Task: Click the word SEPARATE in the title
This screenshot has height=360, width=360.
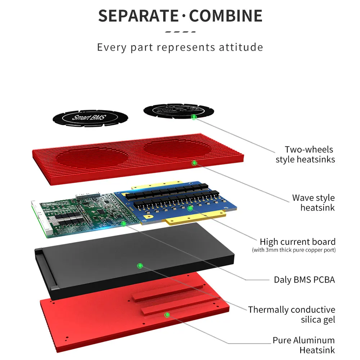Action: [138, 16]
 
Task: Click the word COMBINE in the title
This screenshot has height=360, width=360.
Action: [226, 16]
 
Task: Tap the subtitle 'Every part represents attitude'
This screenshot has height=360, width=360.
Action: [180, 47]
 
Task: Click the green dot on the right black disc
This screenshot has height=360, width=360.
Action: [194, 117]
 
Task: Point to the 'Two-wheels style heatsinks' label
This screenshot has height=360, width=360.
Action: [305, 154]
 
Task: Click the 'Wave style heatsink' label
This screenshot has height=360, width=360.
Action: [313, 203]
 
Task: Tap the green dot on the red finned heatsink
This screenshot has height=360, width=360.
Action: [195, 163]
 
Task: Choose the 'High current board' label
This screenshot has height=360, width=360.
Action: [297, 242]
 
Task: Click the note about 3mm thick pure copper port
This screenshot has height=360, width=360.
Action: [294, 250]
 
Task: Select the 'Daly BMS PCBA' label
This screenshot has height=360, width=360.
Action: [304, 280]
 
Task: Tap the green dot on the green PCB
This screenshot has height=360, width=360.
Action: [123, 224]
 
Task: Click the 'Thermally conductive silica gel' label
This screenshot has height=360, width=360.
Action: [292, 314]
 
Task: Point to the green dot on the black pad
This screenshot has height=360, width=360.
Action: [140, 266]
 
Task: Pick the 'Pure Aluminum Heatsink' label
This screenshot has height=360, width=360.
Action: [303, 345]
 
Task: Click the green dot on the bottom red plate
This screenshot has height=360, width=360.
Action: [167, 315]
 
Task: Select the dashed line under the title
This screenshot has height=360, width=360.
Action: [180, 32]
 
